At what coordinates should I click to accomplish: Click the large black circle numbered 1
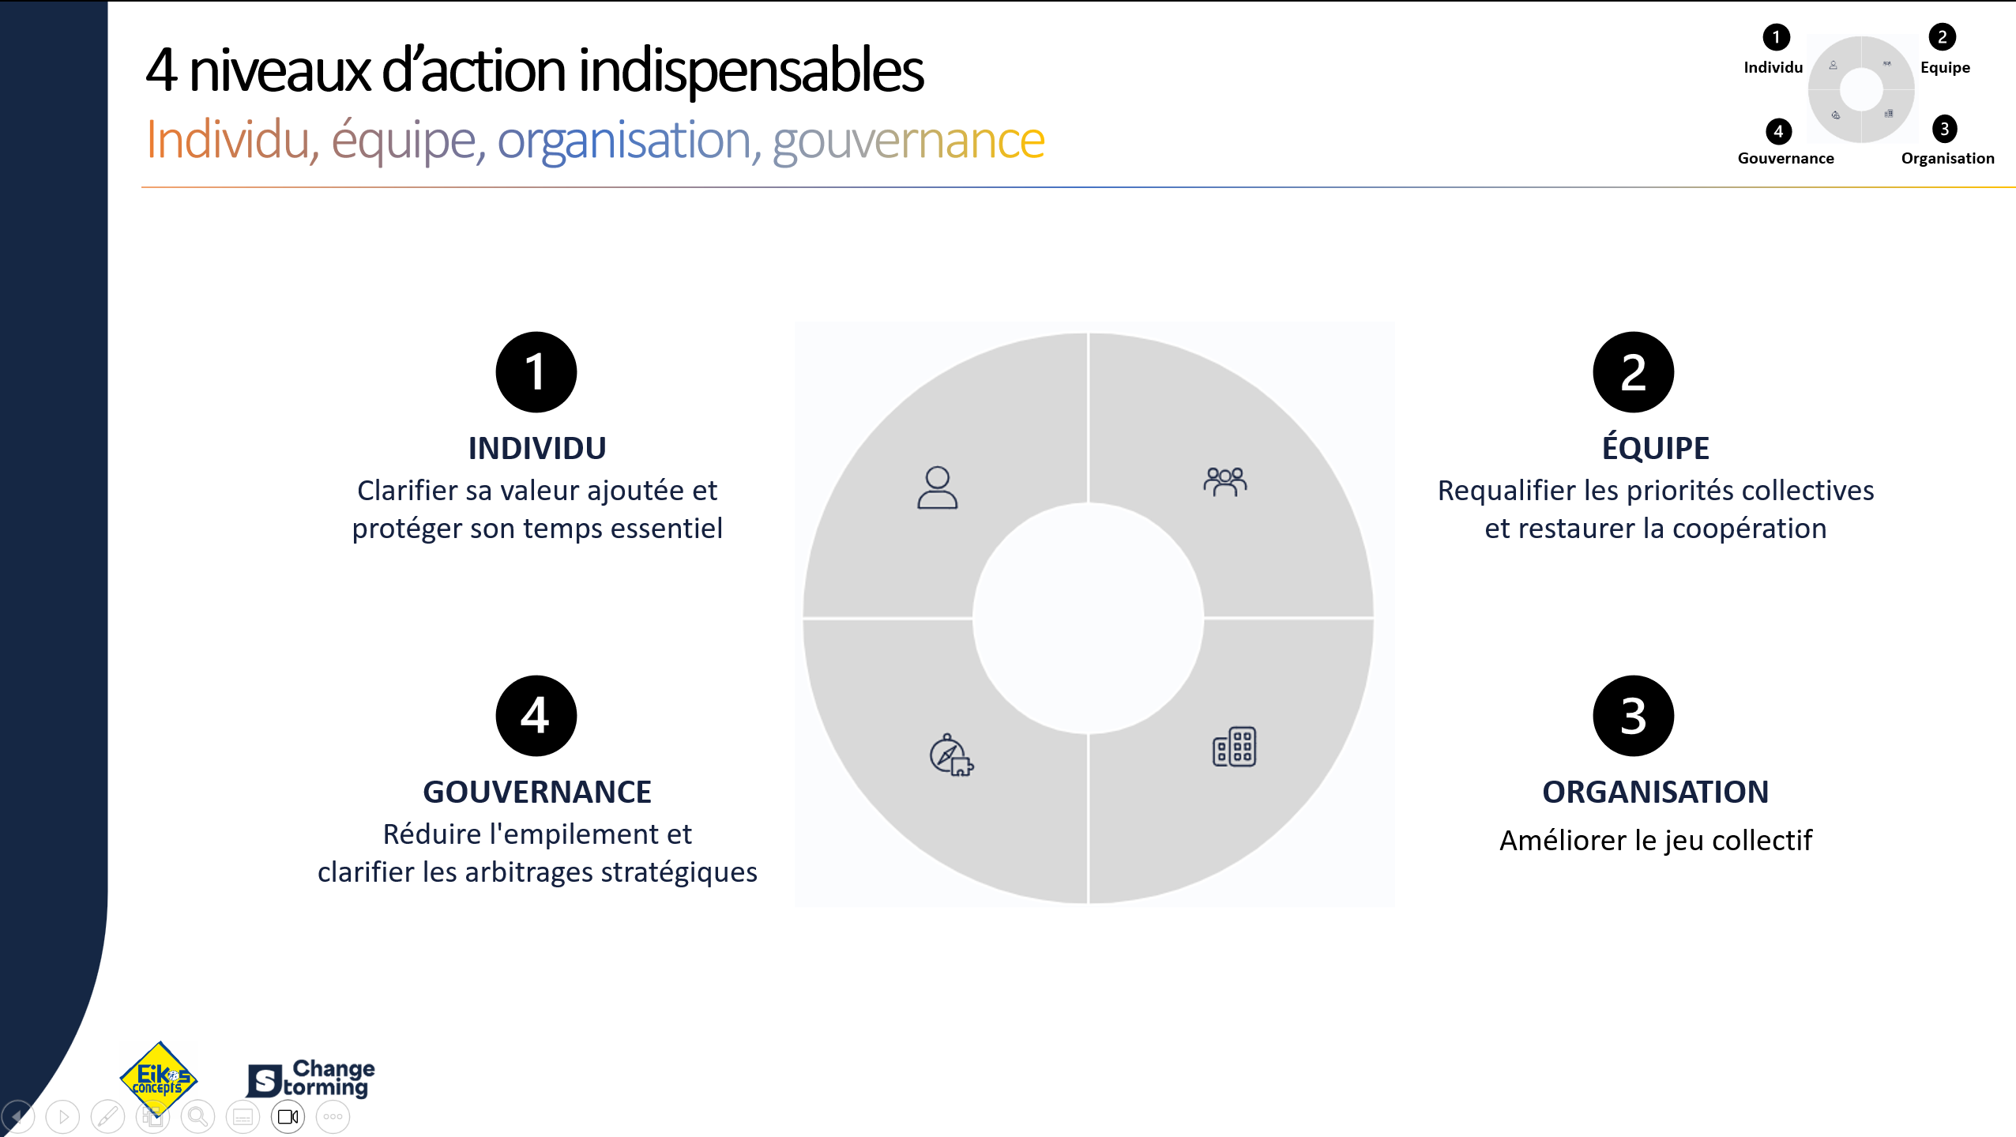coord(536,372)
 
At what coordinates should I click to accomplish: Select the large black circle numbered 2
coord(1633,372)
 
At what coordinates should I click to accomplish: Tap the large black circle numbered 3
coord(1633,716)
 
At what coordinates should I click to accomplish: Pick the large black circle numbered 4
coord(536,716)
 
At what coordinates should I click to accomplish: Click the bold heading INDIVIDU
coord(537,448)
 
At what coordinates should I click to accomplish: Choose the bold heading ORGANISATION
coord(1655,792)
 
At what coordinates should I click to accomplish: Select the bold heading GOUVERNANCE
coord(537,792)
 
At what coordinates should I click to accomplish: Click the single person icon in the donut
coord(937,488)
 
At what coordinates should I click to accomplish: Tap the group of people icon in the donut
coord(1224,481)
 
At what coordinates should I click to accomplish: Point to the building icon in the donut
coord(1234,747)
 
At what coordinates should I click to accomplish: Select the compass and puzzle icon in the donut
coord(951,755)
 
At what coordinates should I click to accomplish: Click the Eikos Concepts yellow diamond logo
coord(159,1078)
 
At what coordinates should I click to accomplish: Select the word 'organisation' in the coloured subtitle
coord(624,141)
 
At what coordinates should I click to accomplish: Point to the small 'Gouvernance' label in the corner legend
coord(1785,158)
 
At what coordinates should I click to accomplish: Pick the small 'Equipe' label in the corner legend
coord(1945,68)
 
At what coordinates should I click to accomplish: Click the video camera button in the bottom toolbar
coord(288,1116)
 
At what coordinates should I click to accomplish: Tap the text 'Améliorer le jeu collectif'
coord(1655,840)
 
